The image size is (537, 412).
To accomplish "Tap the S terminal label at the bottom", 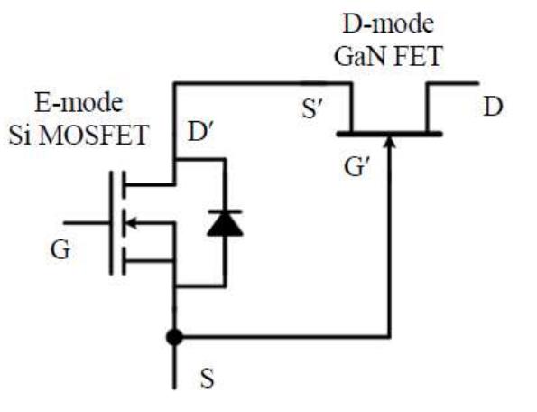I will click(207, 379).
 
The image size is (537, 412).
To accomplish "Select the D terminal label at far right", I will click(492, 108).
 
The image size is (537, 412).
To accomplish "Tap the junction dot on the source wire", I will click(175, 338).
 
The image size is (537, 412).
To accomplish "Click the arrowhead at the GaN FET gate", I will click(389, 143).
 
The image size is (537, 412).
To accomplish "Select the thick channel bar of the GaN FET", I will click(389, 134).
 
